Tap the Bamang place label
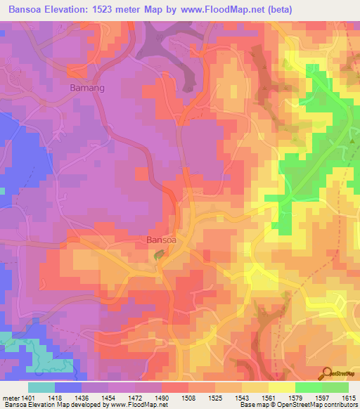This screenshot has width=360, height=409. click(x=88, y=89)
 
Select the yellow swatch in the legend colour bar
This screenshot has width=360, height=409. click(x=281, y=387)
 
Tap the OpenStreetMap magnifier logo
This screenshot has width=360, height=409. click(x=327, y=372)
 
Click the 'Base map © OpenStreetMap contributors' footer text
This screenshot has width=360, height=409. click(x=298, y=405)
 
